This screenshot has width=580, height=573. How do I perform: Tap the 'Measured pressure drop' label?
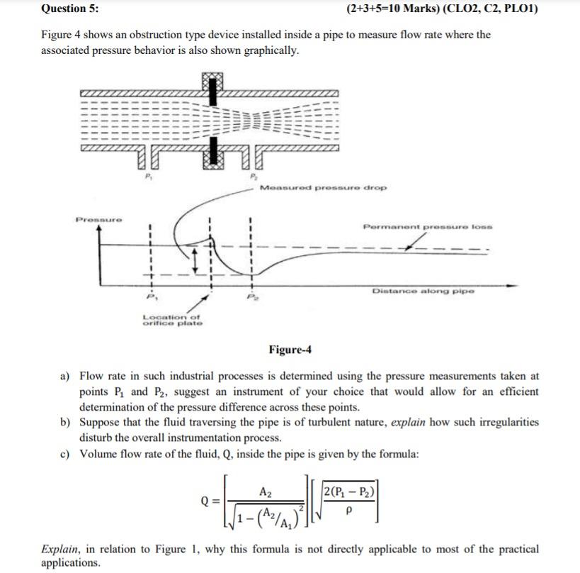point(323,188)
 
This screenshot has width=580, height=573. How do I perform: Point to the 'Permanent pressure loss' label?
point(427,227)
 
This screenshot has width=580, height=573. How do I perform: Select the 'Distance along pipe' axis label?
point(423,291)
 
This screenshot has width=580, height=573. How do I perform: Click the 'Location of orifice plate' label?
point(172,320)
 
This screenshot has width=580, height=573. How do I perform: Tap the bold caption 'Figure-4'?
point(290,350)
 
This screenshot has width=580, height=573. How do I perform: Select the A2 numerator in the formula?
point(266,491)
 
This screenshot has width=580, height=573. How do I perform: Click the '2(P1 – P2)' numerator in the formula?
point(350,493)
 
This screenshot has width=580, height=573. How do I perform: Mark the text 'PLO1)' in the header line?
point(521,9)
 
